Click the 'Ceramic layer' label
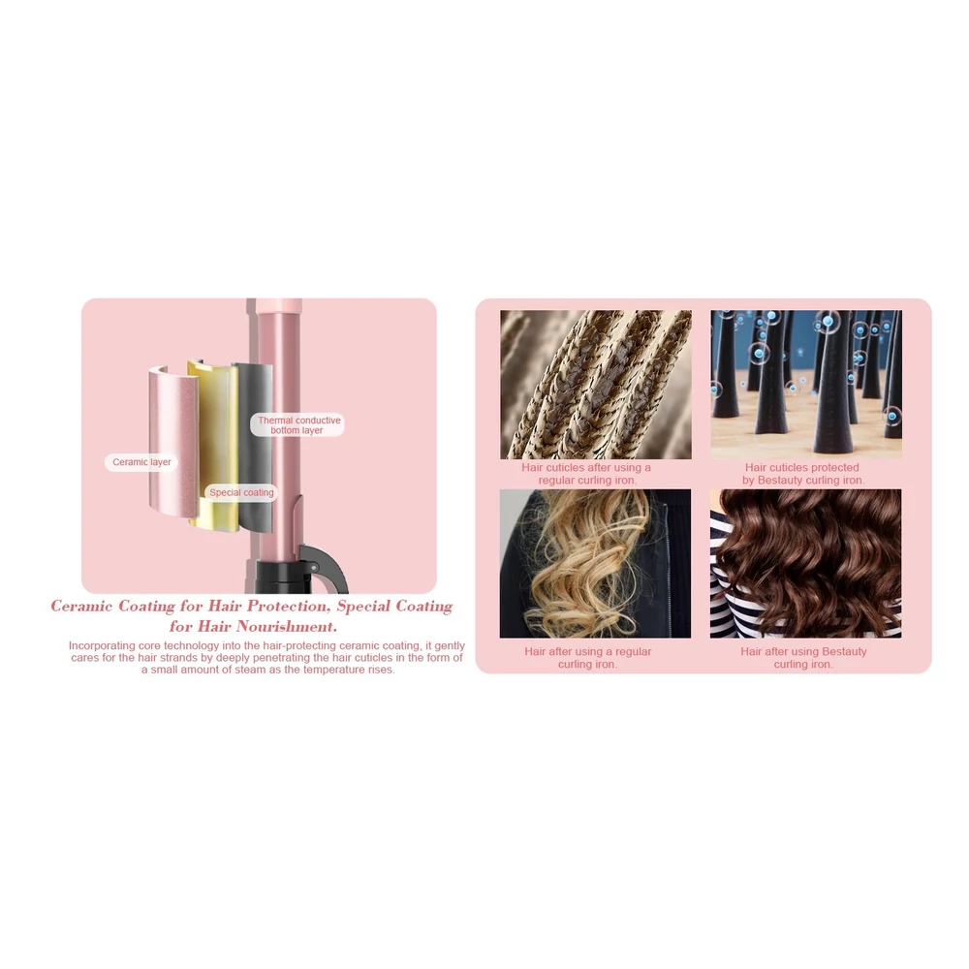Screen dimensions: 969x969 pyautogui.click(x=141, y=462)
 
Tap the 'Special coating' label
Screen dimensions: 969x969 pyautogui.click(x=241, y=492)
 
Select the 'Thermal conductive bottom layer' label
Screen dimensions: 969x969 pyautogui.click(x=297, y=425)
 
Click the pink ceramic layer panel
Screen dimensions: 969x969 pyautogui.click(x=173, y=439)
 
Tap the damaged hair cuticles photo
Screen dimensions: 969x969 pyautogui.click(x=596, y=385)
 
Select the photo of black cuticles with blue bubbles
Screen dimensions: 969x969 pyautogui.click(x=806, y=385)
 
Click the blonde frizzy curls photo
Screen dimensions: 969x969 pyautogui.click(x=595, y=564)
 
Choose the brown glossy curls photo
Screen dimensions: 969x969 pyautogui.click(x=806, y=564)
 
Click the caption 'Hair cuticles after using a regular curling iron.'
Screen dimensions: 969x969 pyautogui.click(x=586, y=474)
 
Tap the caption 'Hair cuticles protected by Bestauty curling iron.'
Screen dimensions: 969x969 pyautogui.click(x=802, y=474)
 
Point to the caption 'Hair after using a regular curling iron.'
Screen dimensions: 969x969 pyautogui.click(x=588, y=658)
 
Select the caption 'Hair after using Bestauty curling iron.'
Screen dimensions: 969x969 pyautogui.click(x=803, y=658)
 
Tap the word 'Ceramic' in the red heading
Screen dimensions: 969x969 pyautogui.click(x=81, y=607)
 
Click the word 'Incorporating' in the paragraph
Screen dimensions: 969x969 pyautogui.click(x=102, y=645)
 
